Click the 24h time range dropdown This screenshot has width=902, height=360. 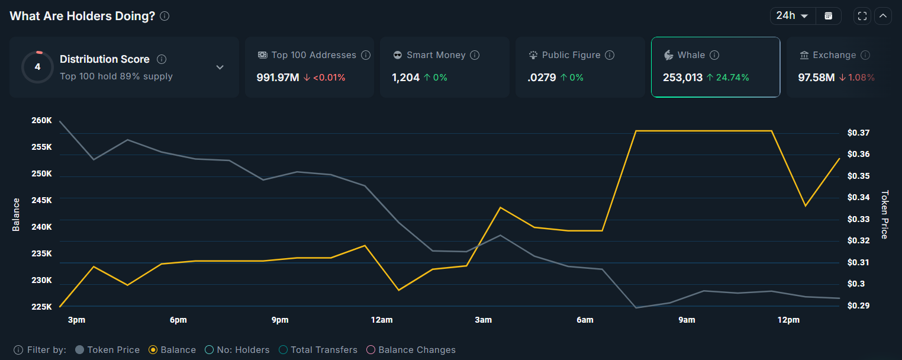pos(793,16)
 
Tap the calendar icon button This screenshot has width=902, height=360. pos(829,16)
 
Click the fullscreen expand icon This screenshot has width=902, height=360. pos(862,16)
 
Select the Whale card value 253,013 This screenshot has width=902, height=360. pos(682,78)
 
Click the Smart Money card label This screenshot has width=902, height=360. pos(436,55)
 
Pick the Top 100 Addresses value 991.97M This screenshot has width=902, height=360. pos(278,78)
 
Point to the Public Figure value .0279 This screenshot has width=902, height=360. pos(542,78)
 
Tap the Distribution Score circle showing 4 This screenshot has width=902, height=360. pos(37,67)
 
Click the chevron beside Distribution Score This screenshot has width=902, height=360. pos(220,67)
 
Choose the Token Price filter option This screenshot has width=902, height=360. pos(108,350)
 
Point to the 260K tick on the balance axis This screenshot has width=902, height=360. pos(41,121)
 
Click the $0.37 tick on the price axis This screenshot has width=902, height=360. pos(858,133)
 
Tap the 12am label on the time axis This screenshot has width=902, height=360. pos(382,320)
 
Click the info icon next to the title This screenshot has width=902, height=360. pos(165,16)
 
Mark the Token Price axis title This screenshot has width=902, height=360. pos(885,214)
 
